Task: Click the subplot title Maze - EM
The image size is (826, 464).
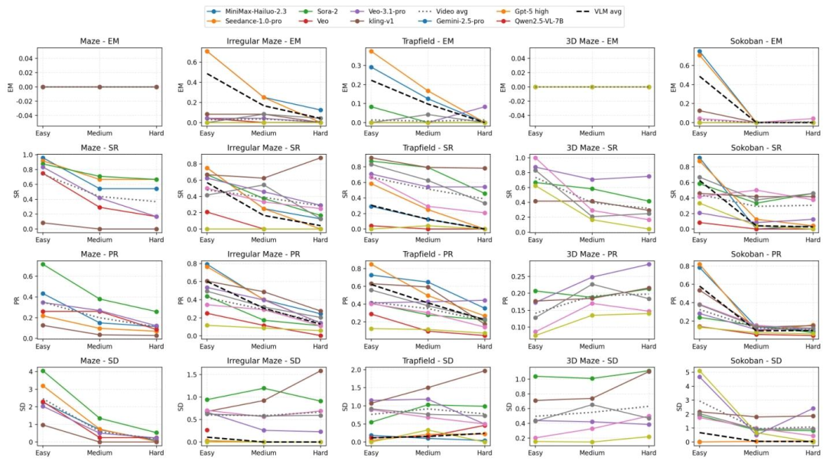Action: click(99, 41)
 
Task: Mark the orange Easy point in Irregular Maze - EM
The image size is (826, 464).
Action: click(207, 51)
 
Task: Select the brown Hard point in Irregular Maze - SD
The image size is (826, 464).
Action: click(320, 371)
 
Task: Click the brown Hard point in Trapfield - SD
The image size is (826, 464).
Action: click(484, 371)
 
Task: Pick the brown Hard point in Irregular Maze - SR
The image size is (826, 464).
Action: click(320, 158)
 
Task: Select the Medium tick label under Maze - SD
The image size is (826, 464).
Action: click(99, 453)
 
